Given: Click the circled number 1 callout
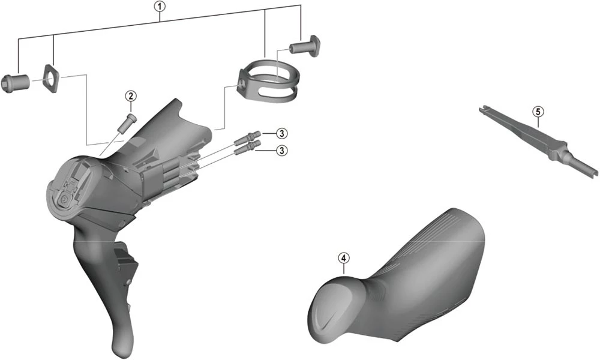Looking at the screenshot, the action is coord(160,6).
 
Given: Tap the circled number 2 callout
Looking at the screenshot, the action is coord(131,95).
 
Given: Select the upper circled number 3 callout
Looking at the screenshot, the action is coord(282,134).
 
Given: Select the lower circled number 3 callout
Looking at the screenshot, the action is coord(282,151).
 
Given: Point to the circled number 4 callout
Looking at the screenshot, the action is coord(344,258).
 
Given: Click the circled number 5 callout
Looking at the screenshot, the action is coord(538,112).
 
